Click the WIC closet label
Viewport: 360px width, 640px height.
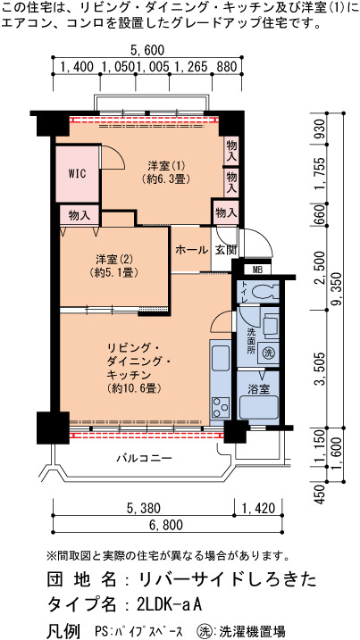click(x=77, y=173)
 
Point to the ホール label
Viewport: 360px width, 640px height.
click(x=191, y=250)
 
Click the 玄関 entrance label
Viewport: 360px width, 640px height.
click(x=222, y=250)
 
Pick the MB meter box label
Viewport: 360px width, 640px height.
click(x=257, y=270)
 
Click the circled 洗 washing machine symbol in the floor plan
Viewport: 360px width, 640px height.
click(x=268, y=352)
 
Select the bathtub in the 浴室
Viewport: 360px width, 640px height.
click(x=259, y=407)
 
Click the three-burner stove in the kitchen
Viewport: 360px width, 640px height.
click(x=221, y=407)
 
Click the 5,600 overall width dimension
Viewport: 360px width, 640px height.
click(x=147, y=51)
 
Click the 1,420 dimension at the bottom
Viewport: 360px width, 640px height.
click(x=258, y=508)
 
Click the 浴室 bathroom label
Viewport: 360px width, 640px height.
click(x=258, y=389)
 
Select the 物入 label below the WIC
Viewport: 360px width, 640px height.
click(x=80, y=216)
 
